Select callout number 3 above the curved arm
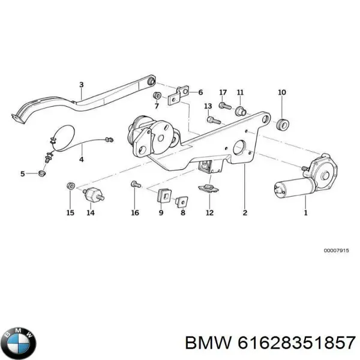(82, 85)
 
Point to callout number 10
(282, 92)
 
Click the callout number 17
(223, 92)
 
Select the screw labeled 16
(134, 187)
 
